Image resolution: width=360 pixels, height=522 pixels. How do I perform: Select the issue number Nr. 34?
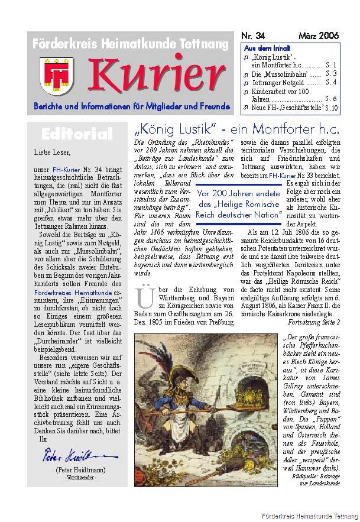coord(255,36)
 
